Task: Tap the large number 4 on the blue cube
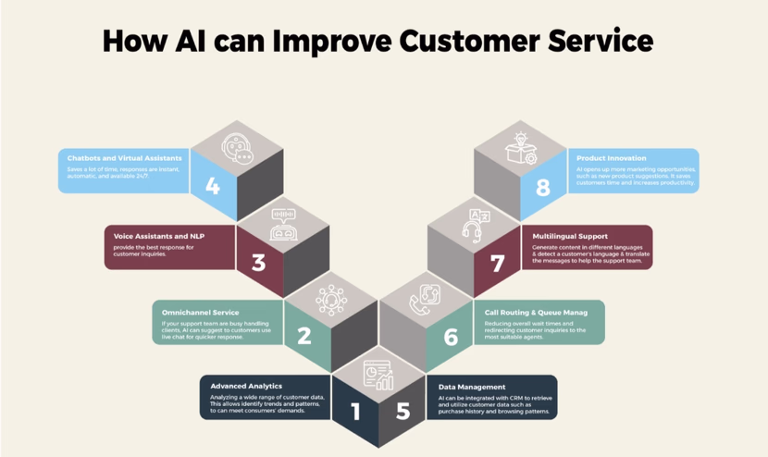tap(213, 186)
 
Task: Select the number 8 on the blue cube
tap(542, 188)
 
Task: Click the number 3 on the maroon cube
tap(258, 262)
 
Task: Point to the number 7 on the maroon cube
tap(498, 264)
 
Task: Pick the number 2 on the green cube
tap(304, 336)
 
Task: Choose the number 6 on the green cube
tap(451, 337)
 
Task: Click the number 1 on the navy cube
tap(355, 411)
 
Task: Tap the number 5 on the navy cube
tap(403, 411)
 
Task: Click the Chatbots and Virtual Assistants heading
tap(124, 158)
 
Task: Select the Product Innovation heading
tap(611, 158)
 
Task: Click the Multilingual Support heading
tap(571, 236)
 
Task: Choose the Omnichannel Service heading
tap(200, 312)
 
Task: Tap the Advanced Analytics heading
tap(245, 386)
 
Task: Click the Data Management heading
tap(472, 387)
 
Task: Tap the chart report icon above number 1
tap(378, 375)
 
